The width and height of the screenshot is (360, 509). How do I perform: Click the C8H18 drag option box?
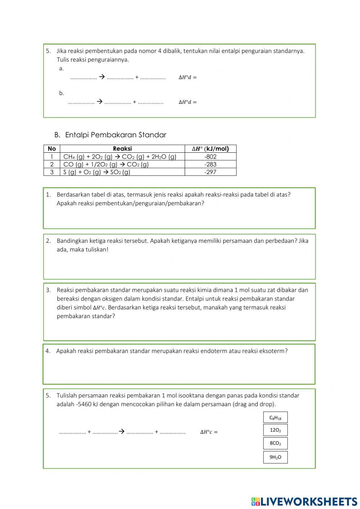tap(275, 418)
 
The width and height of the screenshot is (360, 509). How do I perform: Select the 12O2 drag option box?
tap(275, 430)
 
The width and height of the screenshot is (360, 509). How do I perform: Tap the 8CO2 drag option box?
tap(275, 443)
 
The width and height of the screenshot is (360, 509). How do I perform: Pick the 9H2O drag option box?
tap(275, 457)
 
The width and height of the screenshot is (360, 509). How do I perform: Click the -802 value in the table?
tap(210, 157)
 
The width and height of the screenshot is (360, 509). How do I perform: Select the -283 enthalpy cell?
tap(210, 164)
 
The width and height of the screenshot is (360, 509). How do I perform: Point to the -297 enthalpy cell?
tap(210, 172)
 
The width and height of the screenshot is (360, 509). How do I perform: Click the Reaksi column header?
tap(122, 148)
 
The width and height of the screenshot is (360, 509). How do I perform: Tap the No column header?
tap(52, 148)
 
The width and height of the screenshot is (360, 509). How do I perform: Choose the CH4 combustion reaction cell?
tap(120, 157)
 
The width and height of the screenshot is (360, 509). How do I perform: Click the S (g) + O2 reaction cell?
tap(97, 172)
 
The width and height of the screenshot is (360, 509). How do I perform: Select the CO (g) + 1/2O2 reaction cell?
tap(106, 164)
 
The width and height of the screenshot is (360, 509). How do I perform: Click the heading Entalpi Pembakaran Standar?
tap(115, 135)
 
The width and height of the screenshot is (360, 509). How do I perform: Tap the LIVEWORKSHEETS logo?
tap(304, 501)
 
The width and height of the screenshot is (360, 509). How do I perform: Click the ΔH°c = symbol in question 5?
tap(209, 432)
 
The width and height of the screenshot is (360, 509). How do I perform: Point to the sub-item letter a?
tap(61, 68)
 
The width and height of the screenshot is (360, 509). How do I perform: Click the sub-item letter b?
tap(62, 93)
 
